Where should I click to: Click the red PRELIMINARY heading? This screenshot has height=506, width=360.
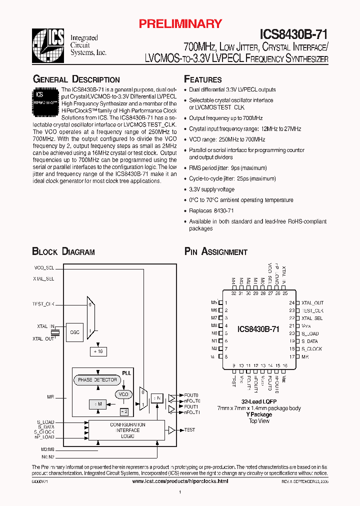(180, 23)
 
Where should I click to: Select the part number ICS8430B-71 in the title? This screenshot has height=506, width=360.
(293, 34)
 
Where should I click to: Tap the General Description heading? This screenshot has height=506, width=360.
(76, 79)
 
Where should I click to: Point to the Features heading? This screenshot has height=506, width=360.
(202, 79)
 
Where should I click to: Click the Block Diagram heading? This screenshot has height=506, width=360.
(63, 252)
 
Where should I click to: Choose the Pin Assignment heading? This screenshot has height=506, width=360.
(215, 252)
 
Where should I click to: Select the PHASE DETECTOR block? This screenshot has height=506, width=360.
(97, 380)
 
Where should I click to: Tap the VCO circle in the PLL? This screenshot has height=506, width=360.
(123, 394)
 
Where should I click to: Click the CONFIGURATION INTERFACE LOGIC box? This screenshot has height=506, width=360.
(127, 430)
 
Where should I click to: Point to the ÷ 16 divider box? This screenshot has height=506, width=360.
(97, 351)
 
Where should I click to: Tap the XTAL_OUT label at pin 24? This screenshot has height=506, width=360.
(312, 303)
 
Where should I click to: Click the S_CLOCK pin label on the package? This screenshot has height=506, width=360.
(312, 349)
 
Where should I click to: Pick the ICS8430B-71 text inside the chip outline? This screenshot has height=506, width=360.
(258, 329)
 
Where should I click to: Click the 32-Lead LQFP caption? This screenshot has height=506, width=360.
(259, 402)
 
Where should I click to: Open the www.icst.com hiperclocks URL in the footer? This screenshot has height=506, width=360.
(180, 480)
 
